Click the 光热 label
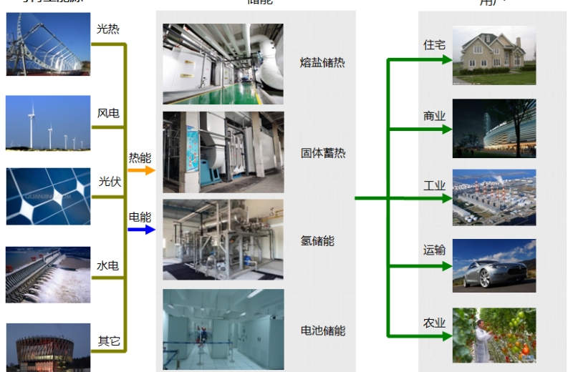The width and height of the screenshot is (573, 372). pos(108,29)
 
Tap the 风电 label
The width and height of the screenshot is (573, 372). pos(108,113)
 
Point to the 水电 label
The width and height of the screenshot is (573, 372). pos(107,265)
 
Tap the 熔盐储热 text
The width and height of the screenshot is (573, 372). pos(322,63)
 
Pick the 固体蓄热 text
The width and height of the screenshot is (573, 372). pos(322,152)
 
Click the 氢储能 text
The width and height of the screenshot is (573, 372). pos(317,241)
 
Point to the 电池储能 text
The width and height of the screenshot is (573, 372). pos(322,331)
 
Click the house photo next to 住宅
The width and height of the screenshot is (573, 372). pos(493,55)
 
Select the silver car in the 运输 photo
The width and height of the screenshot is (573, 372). pos(487,273)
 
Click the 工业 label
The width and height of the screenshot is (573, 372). pos(434,186)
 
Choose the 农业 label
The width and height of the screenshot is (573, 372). pos(434,323)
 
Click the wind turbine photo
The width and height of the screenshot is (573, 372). pos(48,123)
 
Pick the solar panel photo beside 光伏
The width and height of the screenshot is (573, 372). pos(48,196)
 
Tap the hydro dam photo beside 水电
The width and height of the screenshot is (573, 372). pos(48,275)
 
